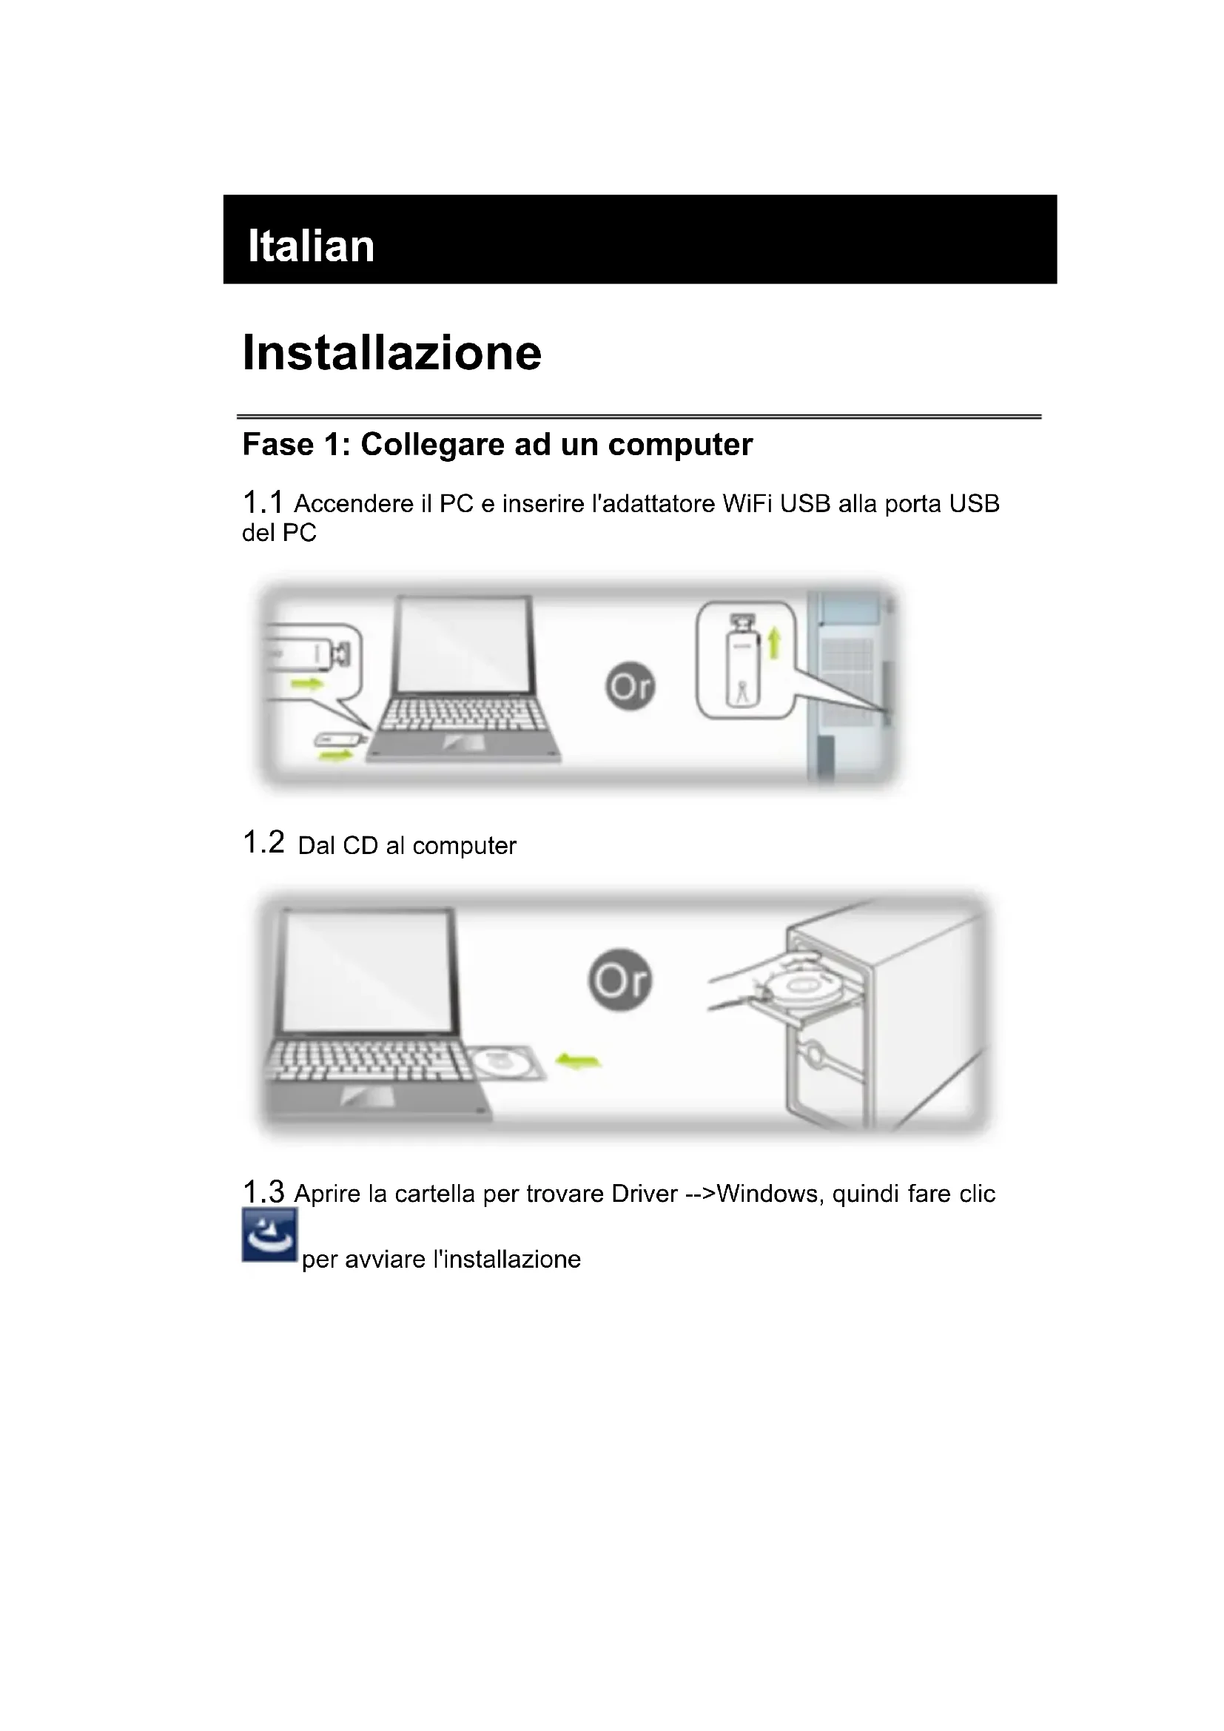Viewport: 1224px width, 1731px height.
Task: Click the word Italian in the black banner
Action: [x=311, y=246]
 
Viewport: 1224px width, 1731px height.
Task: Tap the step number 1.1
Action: [x=262, y=502]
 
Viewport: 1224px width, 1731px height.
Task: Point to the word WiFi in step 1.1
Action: [x=748, y=504]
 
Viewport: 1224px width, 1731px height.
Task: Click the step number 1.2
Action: [x=263, y=842]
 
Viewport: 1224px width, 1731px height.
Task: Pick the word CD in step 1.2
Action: [x=360, y=846]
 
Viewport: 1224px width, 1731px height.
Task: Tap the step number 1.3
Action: [x=263, y=1192]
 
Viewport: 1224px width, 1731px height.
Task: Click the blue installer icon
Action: [x=269, y=1235]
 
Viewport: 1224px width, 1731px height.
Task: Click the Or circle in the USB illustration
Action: [x=630, y=686]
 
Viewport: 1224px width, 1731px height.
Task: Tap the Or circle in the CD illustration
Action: [x=619, y=980]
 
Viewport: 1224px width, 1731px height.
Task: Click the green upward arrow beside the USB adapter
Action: [x=774, y=645]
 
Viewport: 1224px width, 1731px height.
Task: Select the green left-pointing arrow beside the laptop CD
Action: [x=577, y=1061]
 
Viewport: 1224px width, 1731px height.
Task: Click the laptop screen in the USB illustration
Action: [x=465, y=645]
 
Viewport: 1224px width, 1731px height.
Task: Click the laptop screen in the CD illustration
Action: [x=367, y=971]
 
